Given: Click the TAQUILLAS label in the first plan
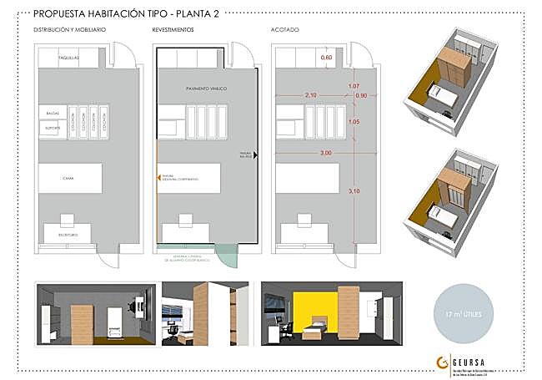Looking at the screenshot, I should point(69,58).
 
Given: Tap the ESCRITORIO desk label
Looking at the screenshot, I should point(69,236).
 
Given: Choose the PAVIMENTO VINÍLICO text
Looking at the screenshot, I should point(206,87).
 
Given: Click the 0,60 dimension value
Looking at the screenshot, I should point(327,58).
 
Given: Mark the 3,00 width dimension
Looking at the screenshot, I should point(325,153).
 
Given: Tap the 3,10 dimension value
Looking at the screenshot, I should point(353,191).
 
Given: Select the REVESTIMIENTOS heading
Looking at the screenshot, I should point(173,29).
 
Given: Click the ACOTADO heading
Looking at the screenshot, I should point(286,29).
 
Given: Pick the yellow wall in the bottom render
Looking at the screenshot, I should point(320,306).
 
